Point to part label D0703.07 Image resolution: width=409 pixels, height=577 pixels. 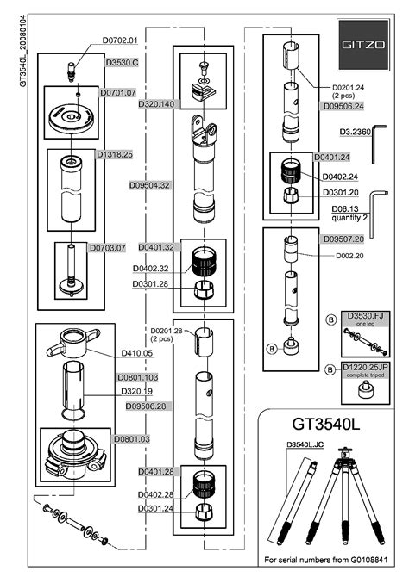tap(109, 247)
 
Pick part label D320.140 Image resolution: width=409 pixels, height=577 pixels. tap(156, 103)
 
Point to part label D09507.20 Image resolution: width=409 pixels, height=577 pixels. tap(343, 239)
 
